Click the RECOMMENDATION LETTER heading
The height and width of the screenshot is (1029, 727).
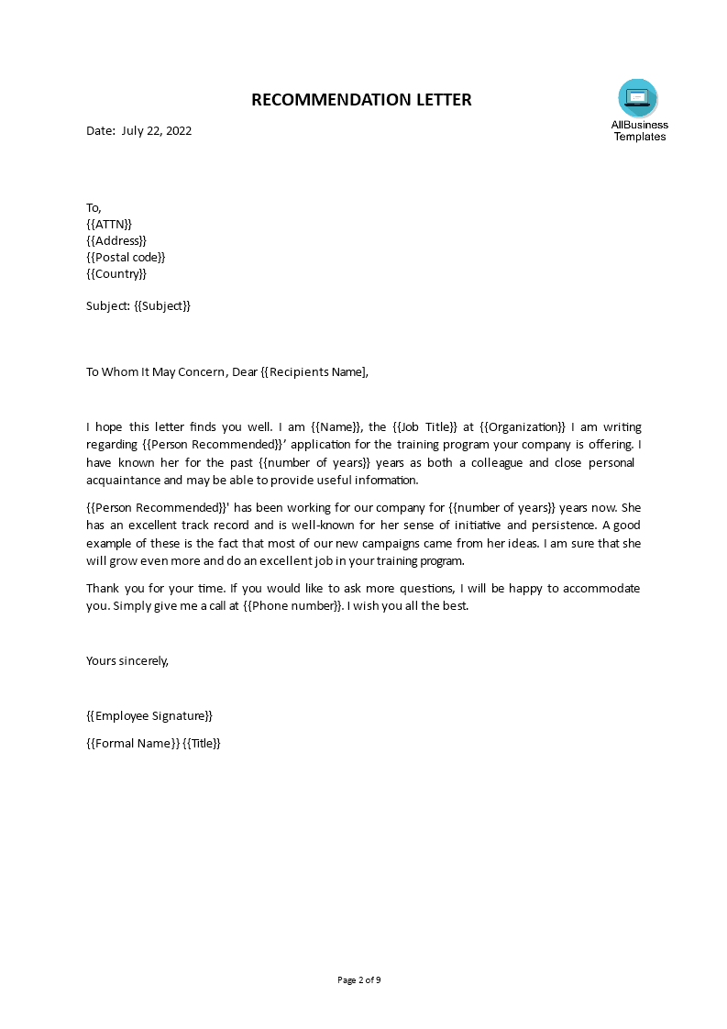coord(361,100)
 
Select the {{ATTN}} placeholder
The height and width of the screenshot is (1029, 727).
coord(109,224)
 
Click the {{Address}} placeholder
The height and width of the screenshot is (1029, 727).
coord(116,240)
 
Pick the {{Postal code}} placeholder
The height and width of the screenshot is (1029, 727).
coord(126,257)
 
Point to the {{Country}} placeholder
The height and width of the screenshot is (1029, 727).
coord(116,273)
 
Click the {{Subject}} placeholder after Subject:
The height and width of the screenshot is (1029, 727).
coord(162,305)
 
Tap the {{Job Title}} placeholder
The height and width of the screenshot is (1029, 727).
coord(424,426)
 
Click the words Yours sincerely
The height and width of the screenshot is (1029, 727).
coord(127,659)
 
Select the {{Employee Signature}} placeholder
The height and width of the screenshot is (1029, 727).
coord(149,715)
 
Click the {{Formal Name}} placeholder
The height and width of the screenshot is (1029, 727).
coord(132,743)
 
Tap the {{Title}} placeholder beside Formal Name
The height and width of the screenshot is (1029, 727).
coord(202,743)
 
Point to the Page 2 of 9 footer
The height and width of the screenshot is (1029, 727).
coord(359,979)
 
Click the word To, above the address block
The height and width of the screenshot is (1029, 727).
coord(94,207)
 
